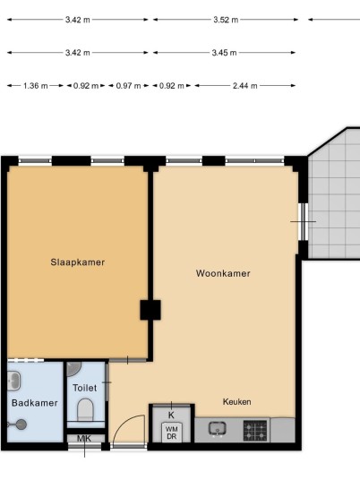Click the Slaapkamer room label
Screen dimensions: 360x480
[77, 262]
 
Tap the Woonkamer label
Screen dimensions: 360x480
[223, 273]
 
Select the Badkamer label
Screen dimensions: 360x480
[35, 403]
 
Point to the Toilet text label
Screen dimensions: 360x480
[85, 388]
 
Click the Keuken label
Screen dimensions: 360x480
[237, 401]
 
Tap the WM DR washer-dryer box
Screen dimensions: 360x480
[171, 433]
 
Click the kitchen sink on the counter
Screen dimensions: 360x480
[218, 429]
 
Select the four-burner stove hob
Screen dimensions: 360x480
[255, 431]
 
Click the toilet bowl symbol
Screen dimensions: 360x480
[85, 410]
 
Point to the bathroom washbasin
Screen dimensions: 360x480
[13, 381]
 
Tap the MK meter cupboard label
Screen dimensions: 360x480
[84, 439]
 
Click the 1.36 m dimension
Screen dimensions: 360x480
[36, 86]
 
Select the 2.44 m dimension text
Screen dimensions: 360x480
[244, 86]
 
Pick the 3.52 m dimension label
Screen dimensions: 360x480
[226, 20]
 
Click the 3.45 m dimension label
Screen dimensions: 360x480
[224, 53]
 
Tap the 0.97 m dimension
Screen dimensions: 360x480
[128, 86]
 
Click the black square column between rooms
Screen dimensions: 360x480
[150, 310]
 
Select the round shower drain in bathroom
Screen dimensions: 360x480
[21, 424]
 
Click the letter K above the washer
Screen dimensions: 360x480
[171, 416]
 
